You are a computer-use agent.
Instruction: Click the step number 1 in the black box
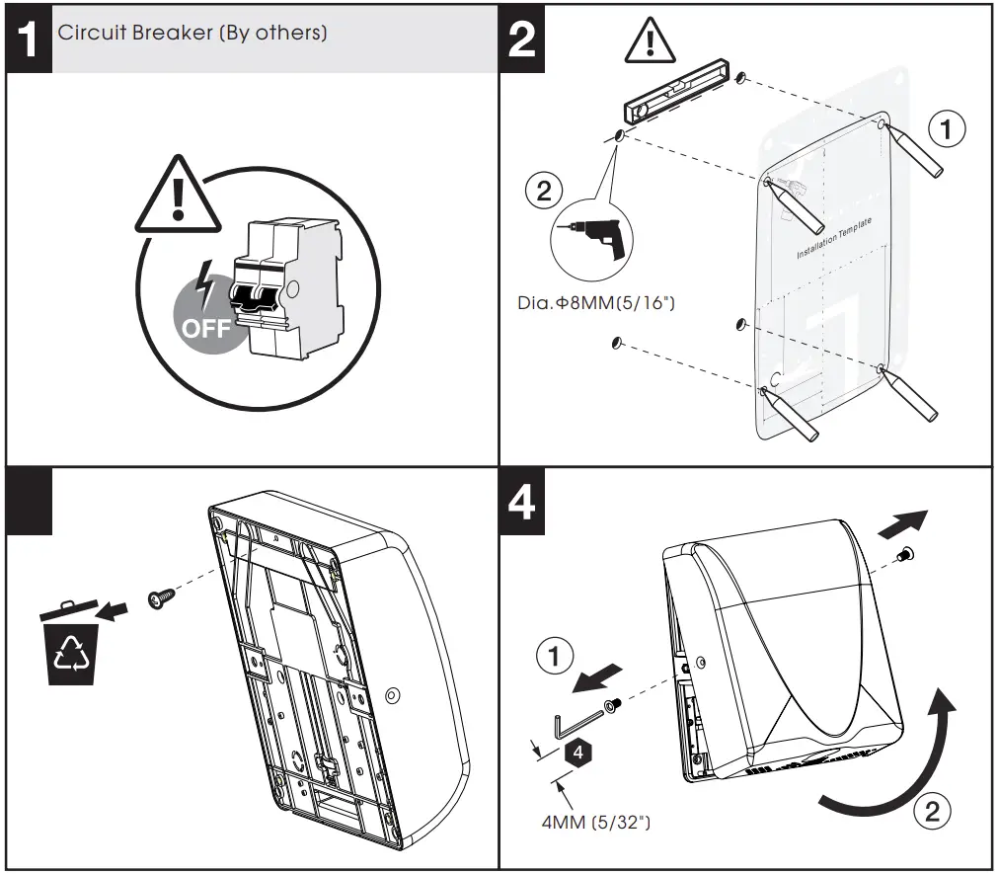pyautogui.click(x=29, y=40)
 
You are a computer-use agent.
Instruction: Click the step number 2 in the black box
pyautogui.click(x=522, y=40)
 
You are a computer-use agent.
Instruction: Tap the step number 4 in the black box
pyautogui.click(x=522, y=502)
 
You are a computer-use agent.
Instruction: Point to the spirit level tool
pyautogui.click(x=678, y=91)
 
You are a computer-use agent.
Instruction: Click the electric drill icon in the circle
pyautogui.click(x=591, y=237)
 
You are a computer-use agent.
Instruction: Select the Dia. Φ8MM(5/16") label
pyautogui.click(x=595, y=301)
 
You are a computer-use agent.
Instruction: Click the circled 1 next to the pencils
pyautogui.click(x=946, y=128)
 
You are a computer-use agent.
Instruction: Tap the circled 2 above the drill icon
pyautogui.click(x=544, y=190)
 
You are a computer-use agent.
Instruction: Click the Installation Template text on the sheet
pyautogui.click(x=834, y=240)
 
